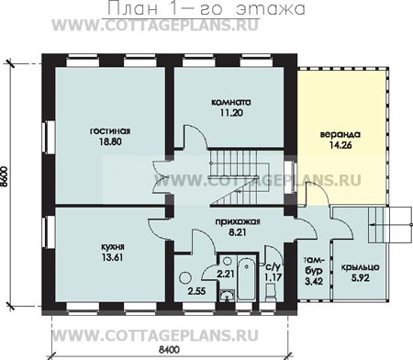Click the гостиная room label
pos(110,131)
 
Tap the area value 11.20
pos(231,113)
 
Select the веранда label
pos(340,134)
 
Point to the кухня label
pos(113,247)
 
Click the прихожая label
pos(238,222)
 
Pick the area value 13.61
pos(113,257)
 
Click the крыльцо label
pos(361,267)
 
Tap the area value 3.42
pos(314,281)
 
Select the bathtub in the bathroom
pos(246,278)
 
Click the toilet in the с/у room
pos(271,292)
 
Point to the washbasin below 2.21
pos(227,295)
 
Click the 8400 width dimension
pos(169,349)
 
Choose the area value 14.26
pos(340,145)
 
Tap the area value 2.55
pos(196,291)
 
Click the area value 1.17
pos(273,277)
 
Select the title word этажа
pos(271,8)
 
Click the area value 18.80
pos(110,141)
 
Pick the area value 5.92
pos(361,278)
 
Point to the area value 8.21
pos(238,232)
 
